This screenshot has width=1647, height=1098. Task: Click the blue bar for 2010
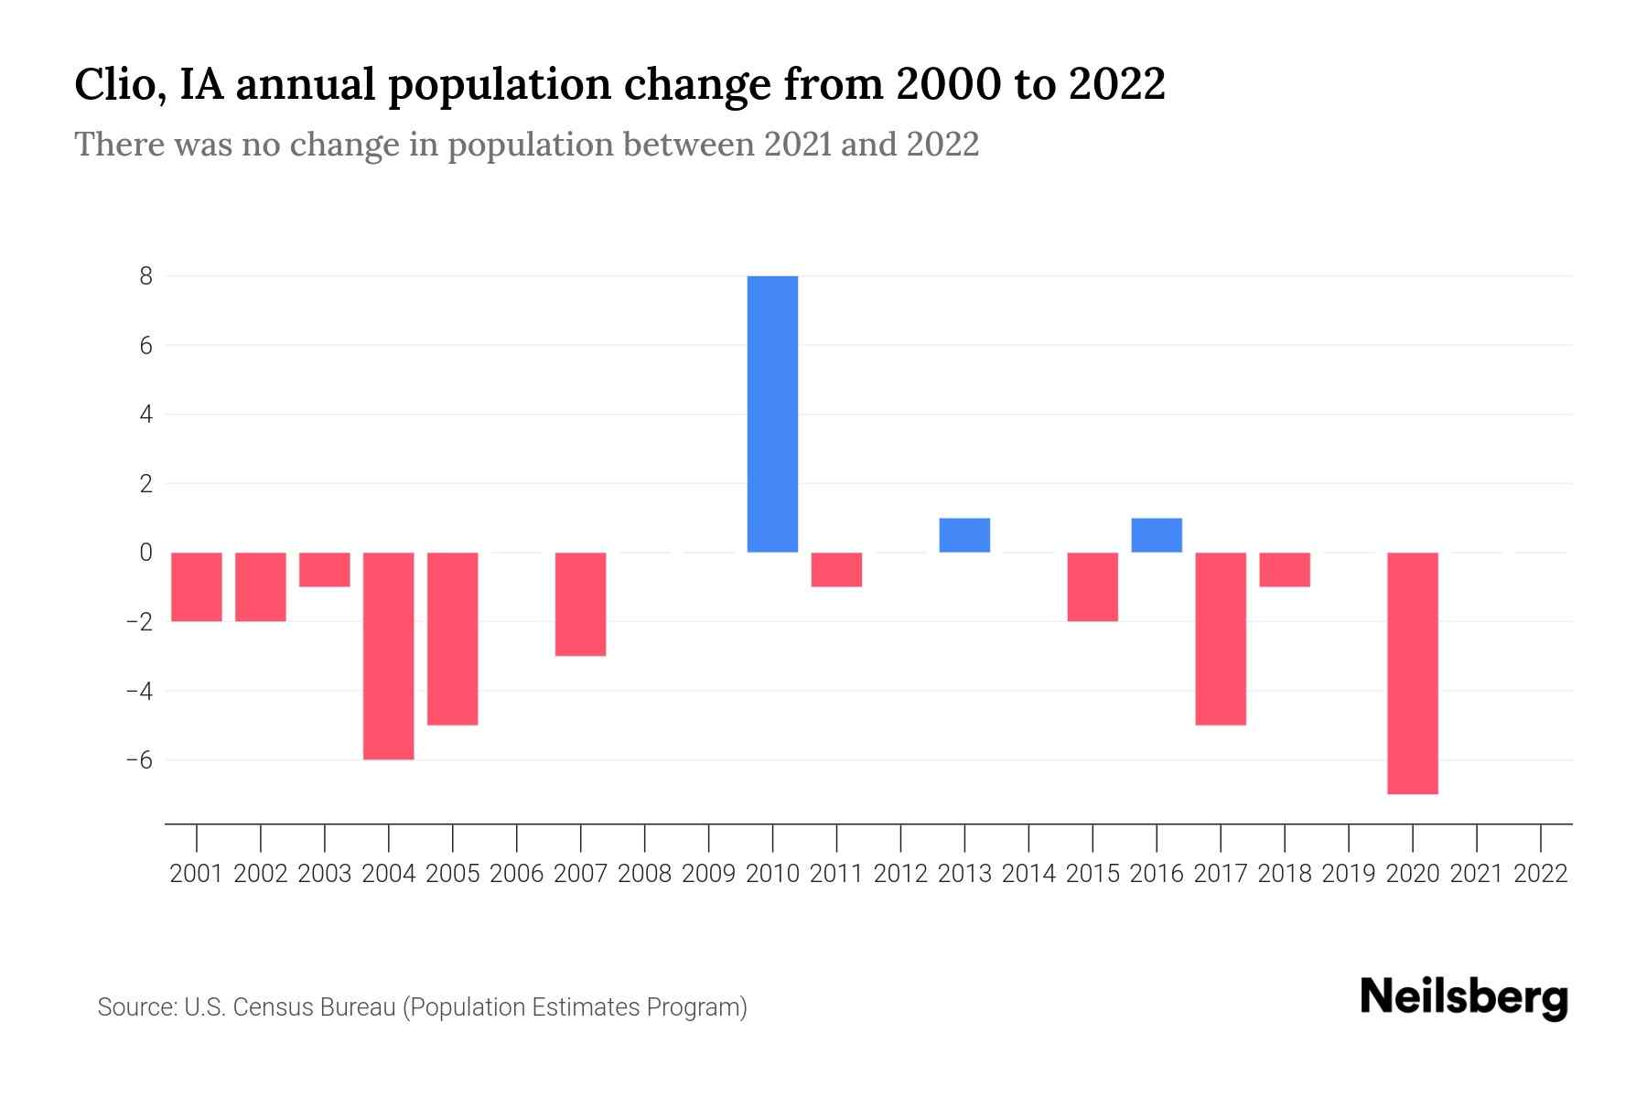coord(772,414)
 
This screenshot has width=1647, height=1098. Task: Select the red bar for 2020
coord(1412,673)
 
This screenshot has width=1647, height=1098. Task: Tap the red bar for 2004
coord(389,655)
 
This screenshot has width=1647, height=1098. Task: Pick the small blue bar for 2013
coord(964,535)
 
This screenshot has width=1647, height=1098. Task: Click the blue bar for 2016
coord(1157,535)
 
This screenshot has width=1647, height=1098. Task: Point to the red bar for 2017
coord(1220,638)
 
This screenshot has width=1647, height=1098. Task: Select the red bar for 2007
coord(580,604)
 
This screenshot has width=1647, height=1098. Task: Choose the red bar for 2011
coord(836,569)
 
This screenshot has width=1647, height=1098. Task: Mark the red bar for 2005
coord(453,638)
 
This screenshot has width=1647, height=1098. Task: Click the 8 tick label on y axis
coord(145,275)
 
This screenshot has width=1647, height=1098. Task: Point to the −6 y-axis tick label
coord(139,760)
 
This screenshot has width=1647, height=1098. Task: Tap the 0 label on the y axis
coord(145,553)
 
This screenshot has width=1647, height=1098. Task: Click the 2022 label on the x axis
coord(1540,874)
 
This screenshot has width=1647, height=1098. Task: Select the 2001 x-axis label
coord(197,874)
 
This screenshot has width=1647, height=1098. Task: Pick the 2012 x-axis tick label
coord(900,874)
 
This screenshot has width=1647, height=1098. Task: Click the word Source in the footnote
coord(136,1007)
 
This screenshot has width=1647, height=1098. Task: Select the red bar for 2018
coord(1284,569)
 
